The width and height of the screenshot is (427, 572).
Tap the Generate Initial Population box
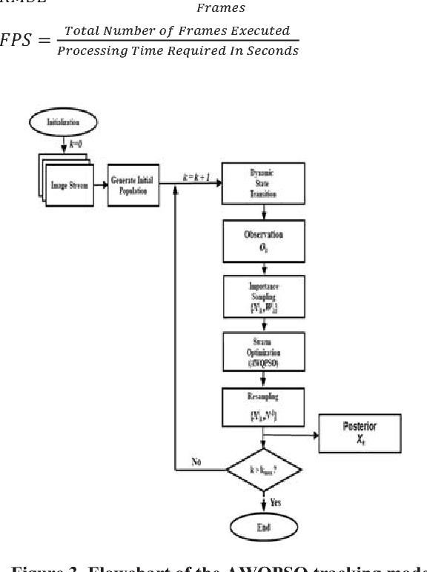click(133, 185)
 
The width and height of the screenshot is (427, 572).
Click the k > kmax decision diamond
click(263, 471)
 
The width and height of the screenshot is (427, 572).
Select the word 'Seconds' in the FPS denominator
click(274, 50)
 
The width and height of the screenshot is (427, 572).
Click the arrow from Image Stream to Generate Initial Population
click(99, 186)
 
